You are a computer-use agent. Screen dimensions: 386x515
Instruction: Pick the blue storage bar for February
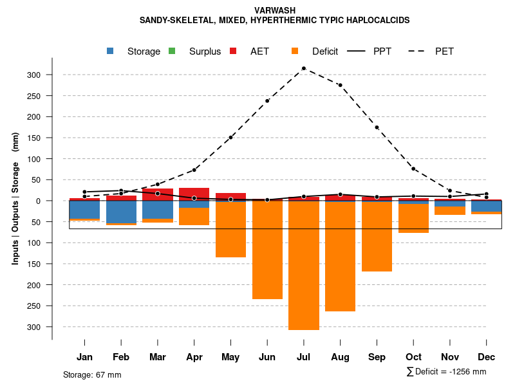click(x=121, y=212)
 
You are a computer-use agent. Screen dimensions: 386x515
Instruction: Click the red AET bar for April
click(x=194, y=192)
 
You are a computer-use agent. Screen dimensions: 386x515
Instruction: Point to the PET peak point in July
click(x=304, y=68)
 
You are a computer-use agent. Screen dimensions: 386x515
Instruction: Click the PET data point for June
click(x=267, y=101)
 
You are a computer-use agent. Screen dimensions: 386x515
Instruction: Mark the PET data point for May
click(x=230, y=137)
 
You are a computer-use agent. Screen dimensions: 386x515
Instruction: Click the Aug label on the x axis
click(x=340, y=357)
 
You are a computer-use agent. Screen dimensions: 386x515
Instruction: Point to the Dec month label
click(x=486, y=357)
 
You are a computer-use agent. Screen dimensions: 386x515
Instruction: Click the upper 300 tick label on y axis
click(x=33, y=75)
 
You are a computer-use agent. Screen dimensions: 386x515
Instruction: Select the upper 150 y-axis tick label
click(x=33, y=138)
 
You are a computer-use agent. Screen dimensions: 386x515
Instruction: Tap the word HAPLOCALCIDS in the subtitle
click(x=377, y=21)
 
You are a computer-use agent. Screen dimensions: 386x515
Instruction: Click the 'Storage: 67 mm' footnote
click(x=92, y=374)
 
